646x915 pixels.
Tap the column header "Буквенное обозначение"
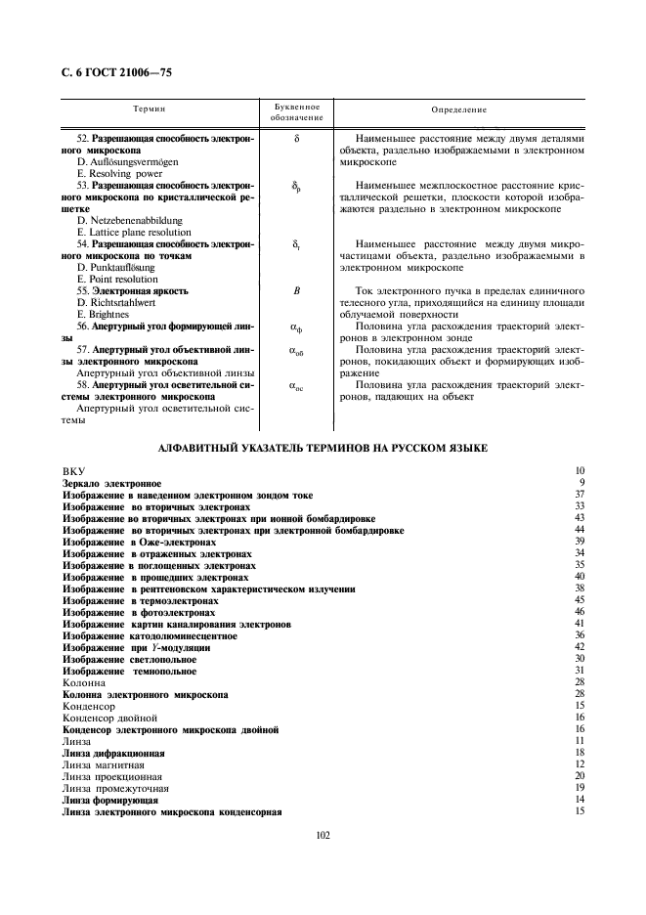[x=296, y=111]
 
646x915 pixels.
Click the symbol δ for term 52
[x=296, y=140]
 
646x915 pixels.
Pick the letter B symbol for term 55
[x=296, y=291]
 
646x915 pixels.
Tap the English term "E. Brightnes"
[x=104, y=314]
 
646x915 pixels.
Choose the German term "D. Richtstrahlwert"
[x=117, y=302]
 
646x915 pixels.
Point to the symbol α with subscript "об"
[x=296, y=350]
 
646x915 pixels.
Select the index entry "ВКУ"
[x=74, y=471]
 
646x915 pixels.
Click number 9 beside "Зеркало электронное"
[x=581, y=483]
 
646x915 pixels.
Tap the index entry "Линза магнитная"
[x=103, y=764]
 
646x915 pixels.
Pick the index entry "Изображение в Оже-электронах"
[x=138, y=542]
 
